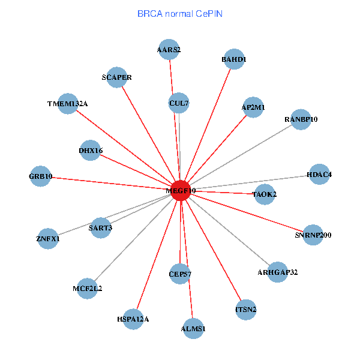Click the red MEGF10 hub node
pyautogui.click(x=181, y=190)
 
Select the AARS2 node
pyautogui.click(x=169, y=50)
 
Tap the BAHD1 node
pyautogui.click(x=233, y=59)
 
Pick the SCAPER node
pyautogui.click(x=116, y=77)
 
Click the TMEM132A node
pyautogui.click(x=68, y=104)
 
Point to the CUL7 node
pyautogui.click(x=179, y=103)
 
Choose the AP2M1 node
pyautogui.click(x=253, y=107)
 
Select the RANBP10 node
pyautogui.click(x=301, y=119)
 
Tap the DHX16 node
pyautogui.click(x=91, y=149)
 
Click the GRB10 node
pyautogui.click(x=41, y=176)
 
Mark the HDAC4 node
pyautogui.click(x=319, y=175)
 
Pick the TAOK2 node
pyautogui.click(x=264, y=194)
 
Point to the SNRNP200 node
pyautogui.click(x=313, y=235)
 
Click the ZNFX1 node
pyautogui.click(x=49, y=239)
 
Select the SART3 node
pyautogui.click(x=100, y=227)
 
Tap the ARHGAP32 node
pyautogui.click(x=277, y=272)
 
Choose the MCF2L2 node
pyautogui.click(x=88, y=289)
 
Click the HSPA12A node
pyautogui.click(x=133, y=319)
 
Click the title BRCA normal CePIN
pyautogui.click(x=180, y=13)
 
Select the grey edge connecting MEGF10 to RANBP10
pyautogui.click(x=241, y=154)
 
